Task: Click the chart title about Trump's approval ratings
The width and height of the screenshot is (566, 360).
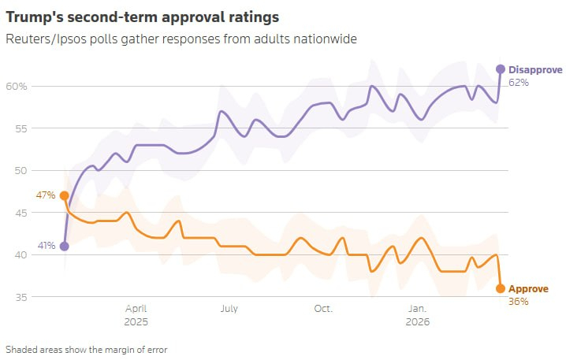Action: coord(145,16)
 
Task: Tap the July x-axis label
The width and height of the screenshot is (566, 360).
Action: coord(229,309)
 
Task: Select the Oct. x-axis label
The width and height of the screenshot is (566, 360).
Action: coord(323,309)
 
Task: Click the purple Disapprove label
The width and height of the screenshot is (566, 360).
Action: coord(535,69)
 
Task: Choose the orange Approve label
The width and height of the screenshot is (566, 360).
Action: coord(528,289)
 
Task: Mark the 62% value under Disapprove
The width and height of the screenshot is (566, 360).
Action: coord(518,82)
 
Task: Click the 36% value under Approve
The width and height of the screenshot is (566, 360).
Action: coord(518,301)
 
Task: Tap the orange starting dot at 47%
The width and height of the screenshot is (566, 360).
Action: coord(64,195)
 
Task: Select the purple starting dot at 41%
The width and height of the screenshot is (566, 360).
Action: coord(64,247)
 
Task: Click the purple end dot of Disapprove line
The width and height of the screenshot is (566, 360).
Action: coord(500,69)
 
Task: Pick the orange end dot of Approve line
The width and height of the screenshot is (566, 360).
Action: coord(500,289)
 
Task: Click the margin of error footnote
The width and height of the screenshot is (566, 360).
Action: coord(87,348)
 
